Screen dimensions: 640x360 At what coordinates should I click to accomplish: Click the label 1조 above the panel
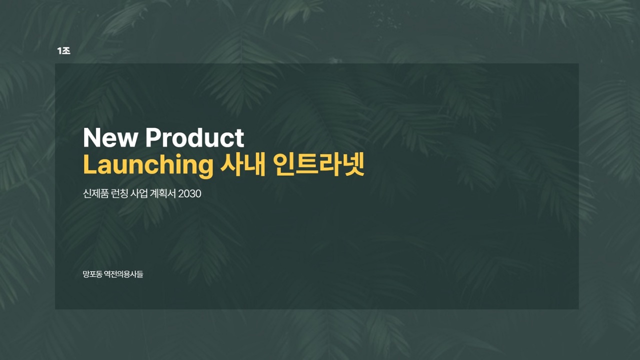point(63,51)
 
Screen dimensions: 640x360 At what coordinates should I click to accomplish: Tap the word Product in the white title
point(195,137)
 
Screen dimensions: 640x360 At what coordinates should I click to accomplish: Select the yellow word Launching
point(148,165)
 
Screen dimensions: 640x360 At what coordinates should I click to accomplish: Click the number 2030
point(189,193)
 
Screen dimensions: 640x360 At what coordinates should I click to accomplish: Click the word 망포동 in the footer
point(92,274)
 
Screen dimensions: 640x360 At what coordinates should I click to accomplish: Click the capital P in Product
point(153,137)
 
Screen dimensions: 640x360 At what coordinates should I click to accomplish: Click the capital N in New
point(91,137)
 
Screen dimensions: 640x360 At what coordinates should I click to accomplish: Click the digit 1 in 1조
point(59,51)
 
